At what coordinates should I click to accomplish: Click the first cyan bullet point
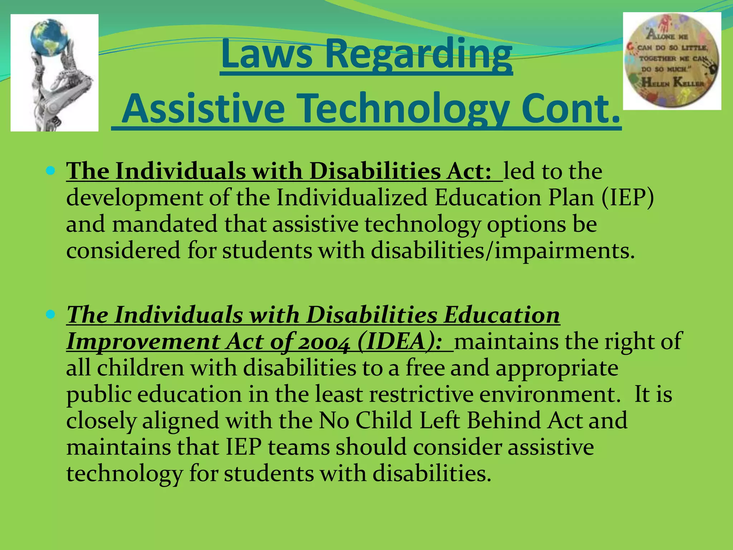point(50,170)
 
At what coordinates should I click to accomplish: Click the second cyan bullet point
point(50,315)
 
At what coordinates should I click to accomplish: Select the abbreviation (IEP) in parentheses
point(627,197)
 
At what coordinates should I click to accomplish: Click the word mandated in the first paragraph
point(165,224)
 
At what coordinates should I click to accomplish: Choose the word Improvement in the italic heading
point(143,342)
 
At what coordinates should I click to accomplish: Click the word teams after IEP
point(298,447)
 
